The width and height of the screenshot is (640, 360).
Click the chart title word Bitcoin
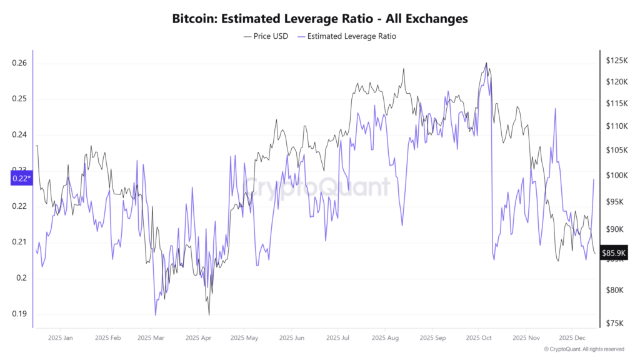[x=193, y=19]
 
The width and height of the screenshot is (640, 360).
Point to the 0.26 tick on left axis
[x=19, y=63]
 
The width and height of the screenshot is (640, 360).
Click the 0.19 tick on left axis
[x=19, y=314]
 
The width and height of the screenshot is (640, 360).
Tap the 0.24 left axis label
[x=19, y=135]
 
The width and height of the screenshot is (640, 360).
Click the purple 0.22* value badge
[x=21, y=179]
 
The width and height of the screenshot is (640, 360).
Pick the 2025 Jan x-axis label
[x=60, y=337]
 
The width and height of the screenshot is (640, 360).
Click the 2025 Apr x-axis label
[x=197, y=337]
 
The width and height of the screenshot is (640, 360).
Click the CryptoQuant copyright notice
[x=583, y=349]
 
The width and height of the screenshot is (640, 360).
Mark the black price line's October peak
[x=486, y=63]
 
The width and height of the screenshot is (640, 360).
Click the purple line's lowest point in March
[x=155, y=315]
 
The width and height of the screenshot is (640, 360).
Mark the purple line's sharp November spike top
[x=554, y=109]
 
